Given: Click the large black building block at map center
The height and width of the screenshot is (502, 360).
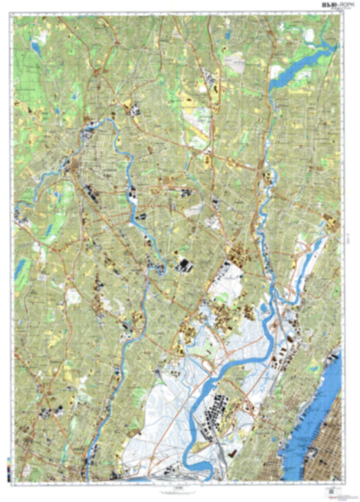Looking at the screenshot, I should tap(183, 265).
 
